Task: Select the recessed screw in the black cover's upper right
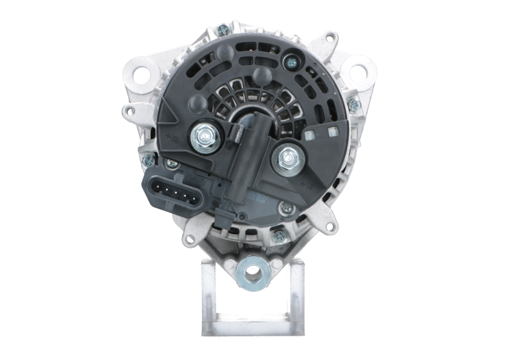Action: [292, 62]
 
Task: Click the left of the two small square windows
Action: [312, 136]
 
